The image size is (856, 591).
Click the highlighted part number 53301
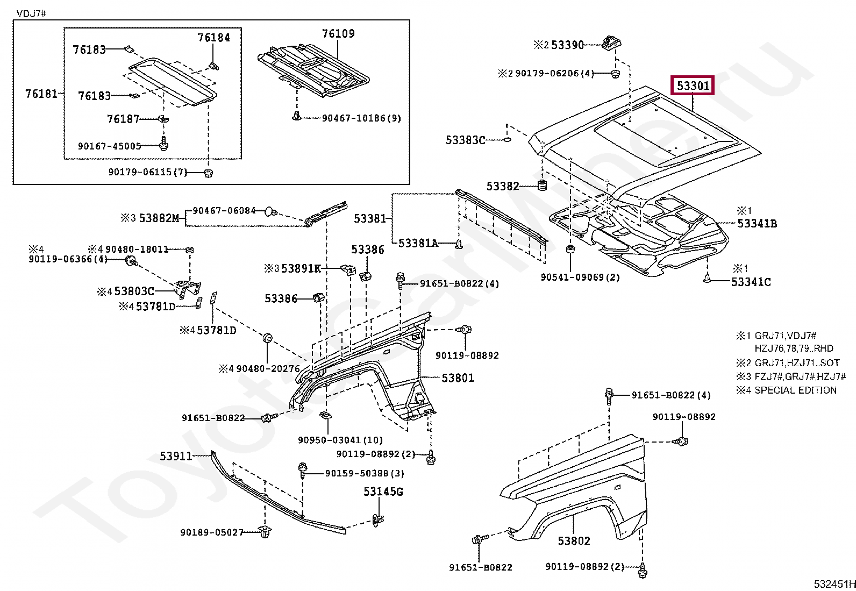click(x=693, y=86)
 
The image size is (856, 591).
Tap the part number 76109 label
click(x=338, y=34)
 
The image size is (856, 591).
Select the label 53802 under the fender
click(x=574, y=541)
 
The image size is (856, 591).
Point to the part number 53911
click(x=176, y=456)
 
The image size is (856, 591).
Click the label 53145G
click(x=383, y=492)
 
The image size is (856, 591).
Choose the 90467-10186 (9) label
click(x=361, y=118)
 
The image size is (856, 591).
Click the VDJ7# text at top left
click(x=31, y=14)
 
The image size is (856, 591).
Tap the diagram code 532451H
click(x=834, y=584)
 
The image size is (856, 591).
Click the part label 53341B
click(x=757, y=224)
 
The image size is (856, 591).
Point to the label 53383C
click(x=466, y=140)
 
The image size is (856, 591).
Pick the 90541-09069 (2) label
click(x=580, y=277)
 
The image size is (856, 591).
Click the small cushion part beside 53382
click(x=543, y=186)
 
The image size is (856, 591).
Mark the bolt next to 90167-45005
click(x=164, y=143)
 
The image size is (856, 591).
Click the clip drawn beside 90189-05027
click(x=265, y=532)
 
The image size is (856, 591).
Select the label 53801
click(x=458, y=378)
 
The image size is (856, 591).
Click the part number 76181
click(x=41, y=94)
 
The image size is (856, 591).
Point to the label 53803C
click(x=134, y=291)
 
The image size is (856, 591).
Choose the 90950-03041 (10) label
click(x=340, y=440)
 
